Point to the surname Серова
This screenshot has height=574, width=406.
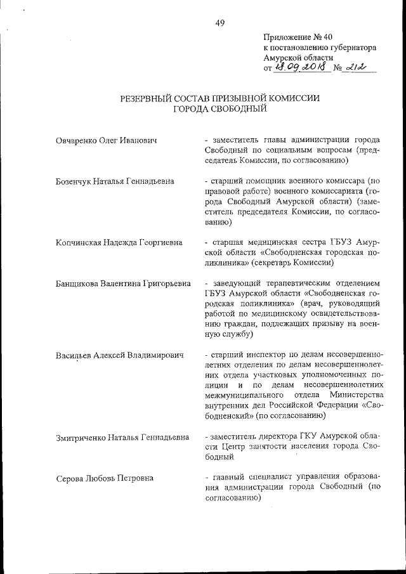tap(69, 478)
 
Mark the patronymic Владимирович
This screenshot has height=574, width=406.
tap(152, 355)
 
